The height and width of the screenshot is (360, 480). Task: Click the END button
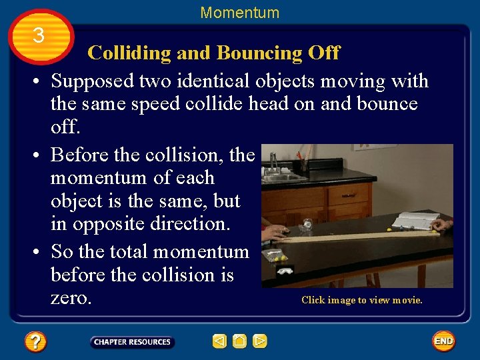443,341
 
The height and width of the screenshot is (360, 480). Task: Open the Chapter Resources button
132,342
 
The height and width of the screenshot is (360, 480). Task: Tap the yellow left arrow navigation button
219,341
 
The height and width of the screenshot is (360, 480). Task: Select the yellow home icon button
240,341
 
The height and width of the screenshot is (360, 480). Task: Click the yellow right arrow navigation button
260,341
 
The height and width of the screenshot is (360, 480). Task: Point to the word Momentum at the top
240,13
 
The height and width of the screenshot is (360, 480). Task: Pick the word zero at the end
71,297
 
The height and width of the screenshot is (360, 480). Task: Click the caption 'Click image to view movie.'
362,300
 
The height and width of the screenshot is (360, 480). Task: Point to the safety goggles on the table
285,271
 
